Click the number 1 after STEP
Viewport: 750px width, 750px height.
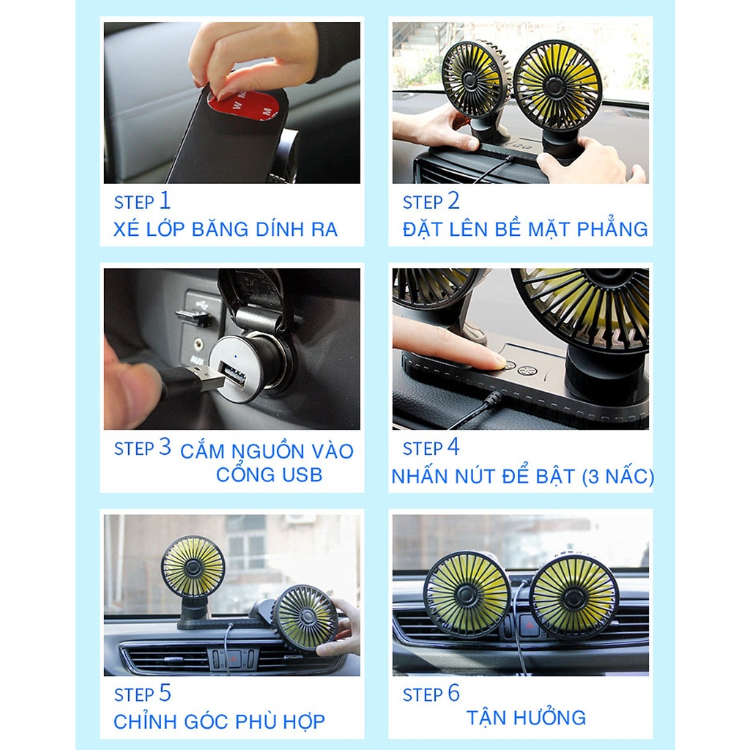pyautogui.click(x=165, y=201)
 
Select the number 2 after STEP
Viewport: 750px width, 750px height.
pyautogui.click(x=453, y=201)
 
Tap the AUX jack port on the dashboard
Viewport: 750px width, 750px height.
pyautogui.click(x=197, y=344)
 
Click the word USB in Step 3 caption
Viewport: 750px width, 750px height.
pyautogui.click(x=302, y=475)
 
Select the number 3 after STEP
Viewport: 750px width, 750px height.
pyautogui.click(x=165, y=447)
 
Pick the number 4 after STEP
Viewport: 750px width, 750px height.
pyautogui.click(x=453, y=448)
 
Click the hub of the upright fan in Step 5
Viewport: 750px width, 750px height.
pyautogui.click(x=193, y=568)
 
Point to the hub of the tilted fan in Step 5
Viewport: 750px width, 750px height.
pyautogui.click(x=305, y=617)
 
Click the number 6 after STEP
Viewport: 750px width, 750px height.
pyautogui.click(x=453, y=693)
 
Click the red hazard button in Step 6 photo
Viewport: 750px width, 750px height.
pyautogui.click(x=527, y=626)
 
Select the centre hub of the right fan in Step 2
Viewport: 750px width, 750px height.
pyautogui.click(x=555, y=86)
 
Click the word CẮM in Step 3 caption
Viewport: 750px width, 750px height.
pyautogui.click(x=202, y=451)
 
